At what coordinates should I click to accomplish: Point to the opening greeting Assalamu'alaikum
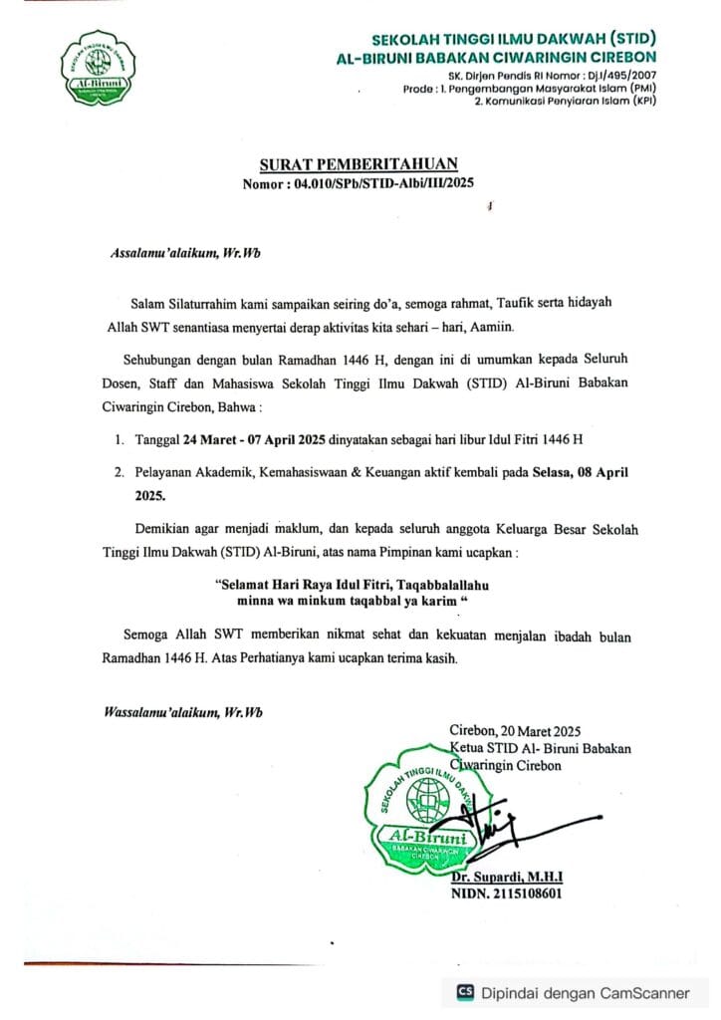click(157, 253)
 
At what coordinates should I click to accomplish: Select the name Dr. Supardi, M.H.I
click(507, 877)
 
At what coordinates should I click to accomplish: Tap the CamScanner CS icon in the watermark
click(464, 992)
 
